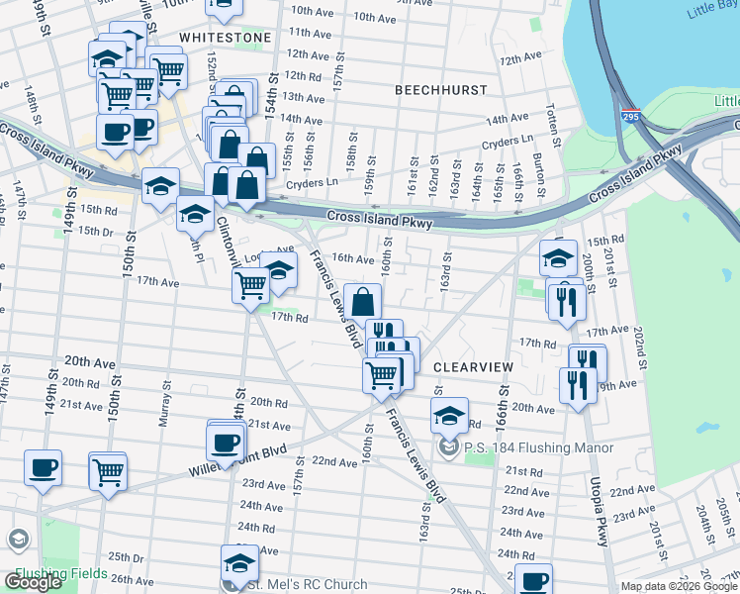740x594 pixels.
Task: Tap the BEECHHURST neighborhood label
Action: (440, 90)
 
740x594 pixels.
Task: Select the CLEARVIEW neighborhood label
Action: (474, 367)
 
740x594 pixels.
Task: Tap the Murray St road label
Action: (165, 407)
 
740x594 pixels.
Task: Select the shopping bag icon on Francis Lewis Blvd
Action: (363, 301)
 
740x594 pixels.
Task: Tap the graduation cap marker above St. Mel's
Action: (238, 562)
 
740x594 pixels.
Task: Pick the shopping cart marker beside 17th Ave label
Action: (250, 285)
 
